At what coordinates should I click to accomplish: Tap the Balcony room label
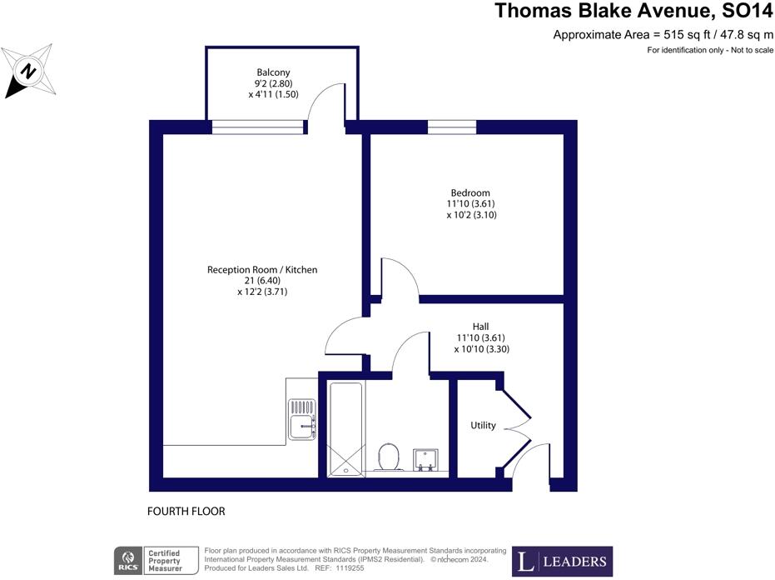coord(273,72)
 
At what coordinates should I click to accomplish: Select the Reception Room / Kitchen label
coord(262,270)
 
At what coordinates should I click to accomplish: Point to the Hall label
coord(481,326)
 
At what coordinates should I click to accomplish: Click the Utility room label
coord(483,426)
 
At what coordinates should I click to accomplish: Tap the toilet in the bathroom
coord(389,457)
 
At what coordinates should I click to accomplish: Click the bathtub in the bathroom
coord(345,428)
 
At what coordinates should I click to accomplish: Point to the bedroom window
coord(452,127)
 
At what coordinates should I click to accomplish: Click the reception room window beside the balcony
coord(257,127)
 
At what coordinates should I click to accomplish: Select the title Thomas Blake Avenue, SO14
coord(633,11)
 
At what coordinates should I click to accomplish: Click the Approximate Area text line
coord(663,35)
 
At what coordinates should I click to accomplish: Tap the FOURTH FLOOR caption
coord(186,511)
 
